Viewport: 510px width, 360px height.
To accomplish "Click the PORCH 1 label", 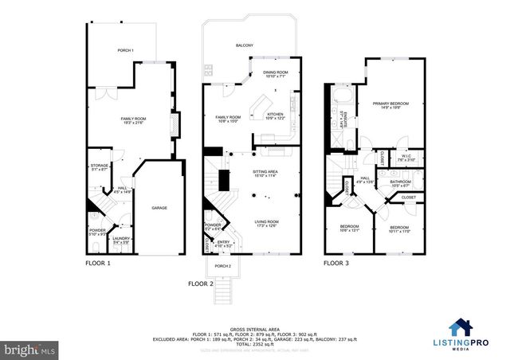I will (x=125, y=51).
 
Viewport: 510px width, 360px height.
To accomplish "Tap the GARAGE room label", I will (x=159, y=208).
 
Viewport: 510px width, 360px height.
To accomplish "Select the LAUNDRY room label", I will (x=120, y=239).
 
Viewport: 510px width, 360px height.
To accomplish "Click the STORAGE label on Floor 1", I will (x=99, y=166).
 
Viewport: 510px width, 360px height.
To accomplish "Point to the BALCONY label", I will (x=244, y=46).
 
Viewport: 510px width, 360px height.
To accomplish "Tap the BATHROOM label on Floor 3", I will (x=400, y=182).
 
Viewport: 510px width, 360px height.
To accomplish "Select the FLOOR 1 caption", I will (x=97, y=262).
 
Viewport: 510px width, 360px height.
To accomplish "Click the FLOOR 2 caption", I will (x=200, y=283).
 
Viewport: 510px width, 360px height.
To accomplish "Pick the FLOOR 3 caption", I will (x=335, y=262).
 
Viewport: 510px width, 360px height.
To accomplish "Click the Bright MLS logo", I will (x=31, y=349).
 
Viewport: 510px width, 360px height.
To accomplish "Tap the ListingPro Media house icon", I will (x=459, y=327).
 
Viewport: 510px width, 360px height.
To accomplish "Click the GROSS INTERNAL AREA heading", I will (x=255, y=328).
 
